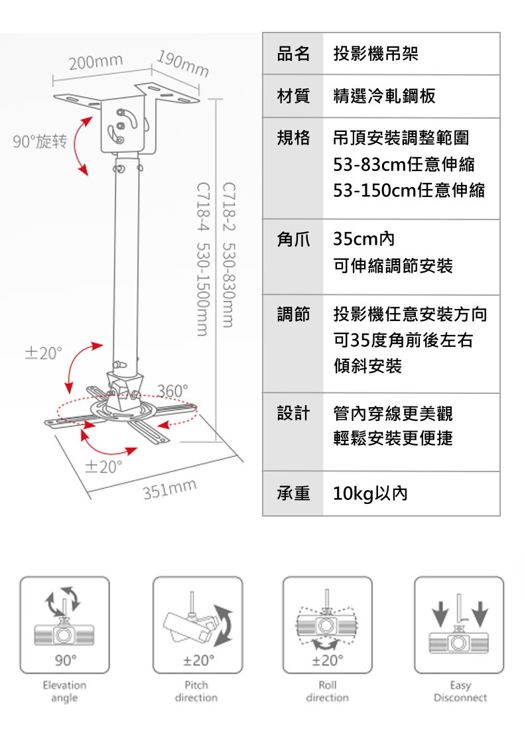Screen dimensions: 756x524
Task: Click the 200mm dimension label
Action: click(96, 62)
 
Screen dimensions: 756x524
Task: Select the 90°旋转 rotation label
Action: click(39, 141)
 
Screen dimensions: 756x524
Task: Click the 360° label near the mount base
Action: click(173, 391)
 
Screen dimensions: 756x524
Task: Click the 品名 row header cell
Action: click(293, 54)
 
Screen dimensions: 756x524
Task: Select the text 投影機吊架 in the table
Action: click(375, 54)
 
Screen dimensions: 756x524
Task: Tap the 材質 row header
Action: click(293, 96)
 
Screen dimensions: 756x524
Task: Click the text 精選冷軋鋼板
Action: click(384, 96)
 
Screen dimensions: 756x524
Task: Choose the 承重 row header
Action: click(293, 494)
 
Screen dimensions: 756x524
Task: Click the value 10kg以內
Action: click(370, 494)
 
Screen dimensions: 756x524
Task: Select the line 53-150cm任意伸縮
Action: click(409, 191)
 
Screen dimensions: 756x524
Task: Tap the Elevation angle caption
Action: click(64, 691)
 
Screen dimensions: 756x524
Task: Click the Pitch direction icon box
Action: click(197, 625)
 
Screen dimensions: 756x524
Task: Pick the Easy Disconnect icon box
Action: click(459, 625)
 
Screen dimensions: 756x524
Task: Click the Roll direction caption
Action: click(327, 691)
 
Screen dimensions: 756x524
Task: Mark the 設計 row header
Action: click(293, 414)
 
